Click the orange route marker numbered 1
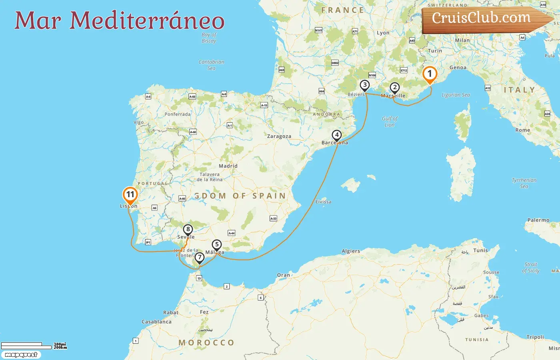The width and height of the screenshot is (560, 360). pyautogui.click(x=430, y=74)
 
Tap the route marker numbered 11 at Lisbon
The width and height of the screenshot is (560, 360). pyautogui.click(x=130, y=195)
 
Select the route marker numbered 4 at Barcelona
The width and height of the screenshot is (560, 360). pyautogui.click(x=337, y=135)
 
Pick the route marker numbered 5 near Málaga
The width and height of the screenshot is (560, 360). pyautogui.click(x=216, y=244)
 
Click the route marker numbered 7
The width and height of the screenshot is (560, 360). pyautogui.click(x=199, y=258)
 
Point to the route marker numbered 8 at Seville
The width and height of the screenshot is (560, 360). pyautogui.click(x=188, y=230)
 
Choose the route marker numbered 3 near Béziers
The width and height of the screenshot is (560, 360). pyautogui.click(x=364, y=85)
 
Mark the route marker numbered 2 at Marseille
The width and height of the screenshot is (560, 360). pyautogui.click(x=394, y=88)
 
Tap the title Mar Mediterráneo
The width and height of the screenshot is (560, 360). pyautogui.click(x=119, y=21)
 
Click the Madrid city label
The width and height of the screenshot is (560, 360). pyautogui.click(x=228, y=166)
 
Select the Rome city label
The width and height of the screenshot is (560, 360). pyautogui.click(x=522, y=130)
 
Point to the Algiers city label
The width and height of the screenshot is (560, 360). pyautogui.click(x=351, y=251)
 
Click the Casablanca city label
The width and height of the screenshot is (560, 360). pyautogui.click(x=156, y=322)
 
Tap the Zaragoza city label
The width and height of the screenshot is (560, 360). pyautogui.click(x=279, y=136)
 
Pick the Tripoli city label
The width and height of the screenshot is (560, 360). pyautogui.click(x=535, y=337)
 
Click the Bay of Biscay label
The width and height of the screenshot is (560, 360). pyautogui.click(x=209, y=38)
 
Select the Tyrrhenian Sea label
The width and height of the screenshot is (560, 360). pyautogui.click(x=524, y=183)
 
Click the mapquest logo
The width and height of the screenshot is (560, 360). pyautogui.click(x=21, y=355)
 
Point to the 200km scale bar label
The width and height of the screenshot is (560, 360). pyautogui.click(x=60, y=348)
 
